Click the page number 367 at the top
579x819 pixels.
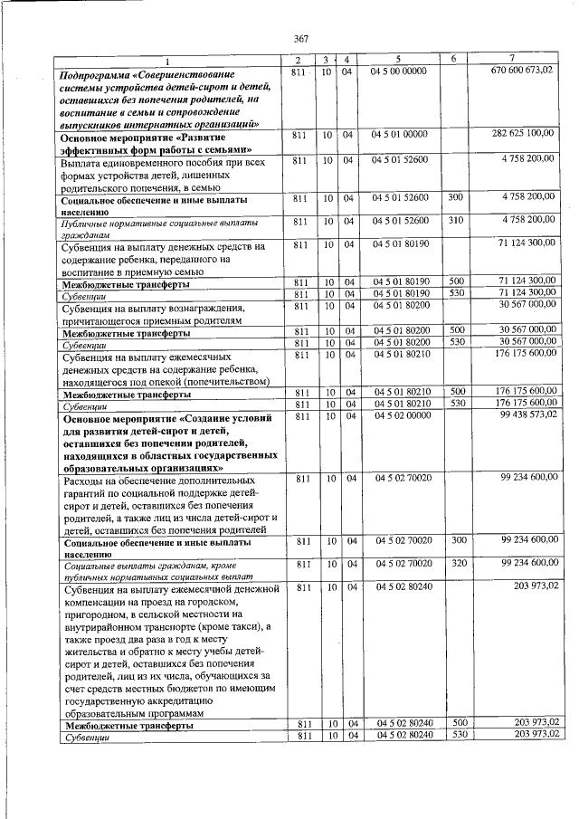tap(301, 37)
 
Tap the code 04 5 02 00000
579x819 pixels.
tap(400, 414)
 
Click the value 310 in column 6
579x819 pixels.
tap(455, 219)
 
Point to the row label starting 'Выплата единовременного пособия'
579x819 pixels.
tap(162, 163)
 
